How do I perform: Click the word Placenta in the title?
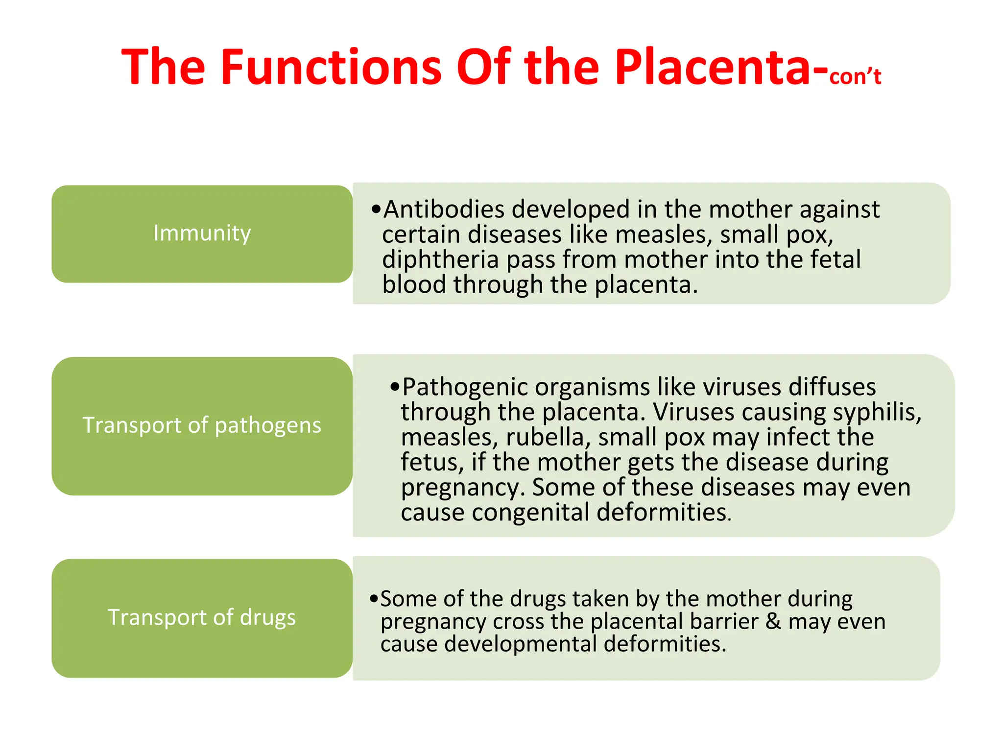click(x=713, y=67)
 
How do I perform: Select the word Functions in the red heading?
click(x=332, y=67)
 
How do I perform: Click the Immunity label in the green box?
click(x=202, y=233)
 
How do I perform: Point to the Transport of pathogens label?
click(x=202, y=425)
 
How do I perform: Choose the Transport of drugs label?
click(x=202, y=617)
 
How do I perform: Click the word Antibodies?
click(x=444, y=210)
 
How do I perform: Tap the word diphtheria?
click(x=440, y=259)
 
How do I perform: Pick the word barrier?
click(x=724, y=621)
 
